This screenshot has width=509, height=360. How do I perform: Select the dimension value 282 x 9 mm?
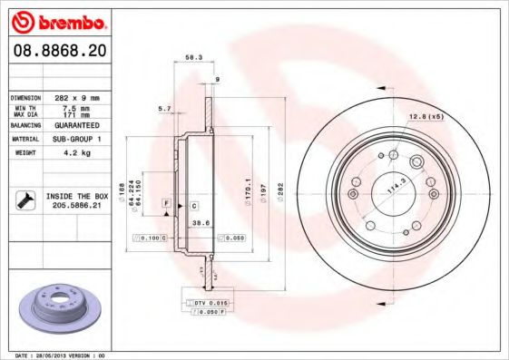[x=76, y=97]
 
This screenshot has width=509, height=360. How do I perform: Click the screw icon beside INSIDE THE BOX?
[x=26, y=200]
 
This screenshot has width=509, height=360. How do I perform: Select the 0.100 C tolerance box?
[x=152, y=238]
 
